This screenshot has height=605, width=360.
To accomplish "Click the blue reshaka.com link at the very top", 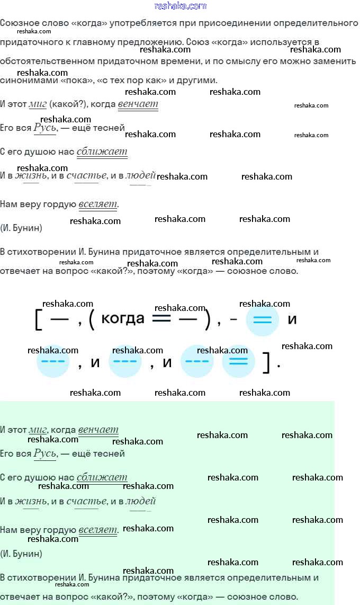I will [x=180, y=6].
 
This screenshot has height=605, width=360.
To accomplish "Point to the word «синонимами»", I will [x=25, y=81].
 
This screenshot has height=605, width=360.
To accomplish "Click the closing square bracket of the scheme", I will [x=266, y=363].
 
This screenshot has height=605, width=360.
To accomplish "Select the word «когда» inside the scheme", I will [x=122, y=318].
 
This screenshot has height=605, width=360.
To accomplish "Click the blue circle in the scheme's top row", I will [x=263, y=320].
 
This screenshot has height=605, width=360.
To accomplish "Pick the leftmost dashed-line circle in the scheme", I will [x=52, y=362].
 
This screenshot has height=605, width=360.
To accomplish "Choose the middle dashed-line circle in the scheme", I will [x=125, y=362].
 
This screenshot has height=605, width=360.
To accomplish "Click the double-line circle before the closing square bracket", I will [x=238, y=362].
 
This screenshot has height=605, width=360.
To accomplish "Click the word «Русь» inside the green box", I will [x=45, y=453].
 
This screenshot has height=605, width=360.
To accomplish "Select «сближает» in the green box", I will [x=102, y=477].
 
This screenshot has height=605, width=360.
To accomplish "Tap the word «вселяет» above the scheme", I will [x=98, y=204].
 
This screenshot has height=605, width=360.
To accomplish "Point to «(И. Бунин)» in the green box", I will [x=21, y=554].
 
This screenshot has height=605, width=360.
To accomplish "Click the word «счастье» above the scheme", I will [x=83, y=176].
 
